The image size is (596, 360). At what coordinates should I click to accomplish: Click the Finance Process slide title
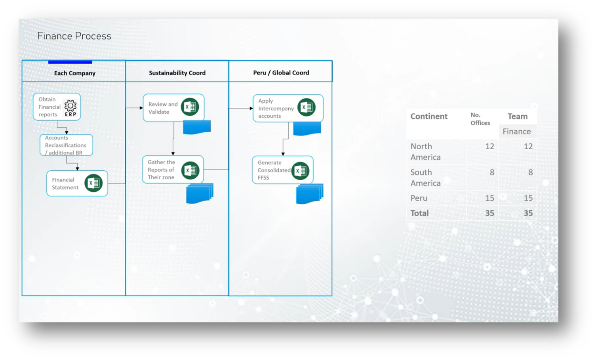74,36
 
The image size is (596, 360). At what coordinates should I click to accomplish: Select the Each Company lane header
74,73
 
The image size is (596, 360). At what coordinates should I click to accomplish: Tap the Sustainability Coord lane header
177,73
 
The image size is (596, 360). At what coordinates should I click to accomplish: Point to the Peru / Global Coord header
281,73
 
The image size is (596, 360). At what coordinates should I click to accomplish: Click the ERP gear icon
70,105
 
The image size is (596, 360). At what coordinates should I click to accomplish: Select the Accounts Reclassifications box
66,145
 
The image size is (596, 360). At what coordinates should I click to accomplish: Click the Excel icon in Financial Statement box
93,183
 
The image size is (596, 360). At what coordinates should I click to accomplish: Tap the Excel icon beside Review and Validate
190,107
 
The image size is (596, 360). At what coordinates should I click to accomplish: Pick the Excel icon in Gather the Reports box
190,170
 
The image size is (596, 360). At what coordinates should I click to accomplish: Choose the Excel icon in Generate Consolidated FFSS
300,171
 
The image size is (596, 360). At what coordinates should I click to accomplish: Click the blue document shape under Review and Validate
197,127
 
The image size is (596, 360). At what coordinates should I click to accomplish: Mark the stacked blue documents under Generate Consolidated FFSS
309,194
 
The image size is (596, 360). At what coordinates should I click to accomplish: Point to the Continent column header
429,116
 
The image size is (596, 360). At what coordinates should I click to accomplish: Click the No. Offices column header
480,119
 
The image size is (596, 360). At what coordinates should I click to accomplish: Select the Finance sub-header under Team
516,131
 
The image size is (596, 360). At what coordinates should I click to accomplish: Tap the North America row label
425,152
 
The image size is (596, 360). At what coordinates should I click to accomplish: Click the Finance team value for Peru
528,198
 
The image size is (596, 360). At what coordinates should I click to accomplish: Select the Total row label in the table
419,213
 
